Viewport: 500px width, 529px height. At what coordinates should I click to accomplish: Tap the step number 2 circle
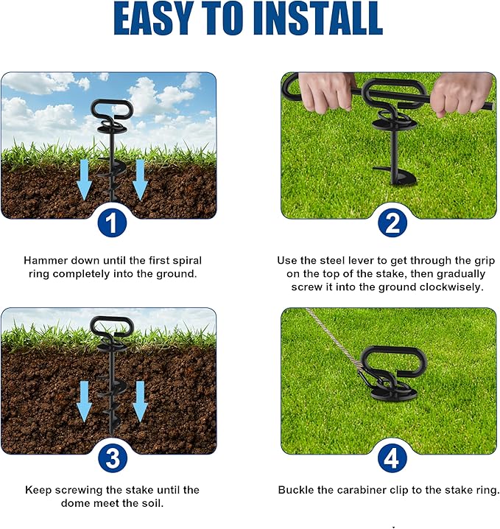click(392, 223)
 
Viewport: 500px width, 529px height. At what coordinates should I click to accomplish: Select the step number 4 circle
click(392, 459)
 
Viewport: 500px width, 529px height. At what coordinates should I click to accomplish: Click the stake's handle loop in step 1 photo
click(111, 111)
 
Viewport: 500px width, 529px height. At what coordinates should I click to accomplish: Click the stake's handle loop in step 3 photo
click(111, 326)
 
